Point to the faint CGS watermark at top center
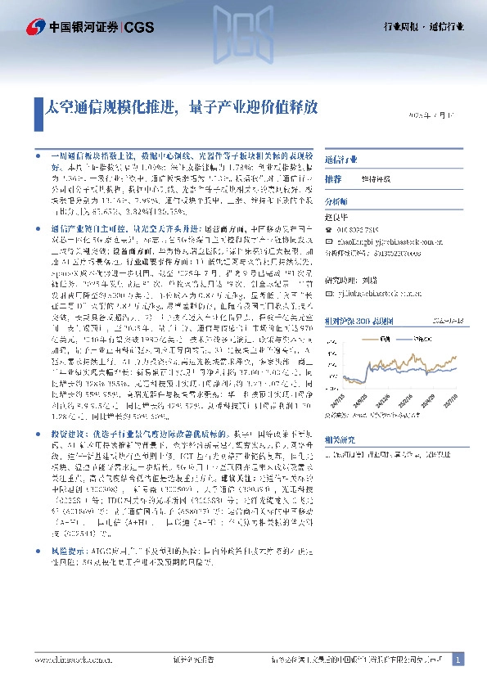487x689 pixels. click(x=243, y=33)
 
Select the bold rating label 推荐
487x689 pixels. click(x=333, y=178)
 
